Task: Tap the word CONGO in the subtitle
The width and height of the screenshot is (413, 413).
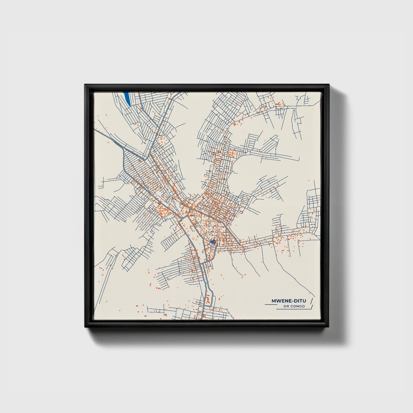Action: click(298, 306)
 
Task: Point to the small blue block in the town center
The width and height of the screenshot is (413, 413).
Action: click(212, 242)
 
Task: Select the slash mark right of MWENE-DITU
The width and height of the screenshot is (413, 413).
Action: click(312, 301)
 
